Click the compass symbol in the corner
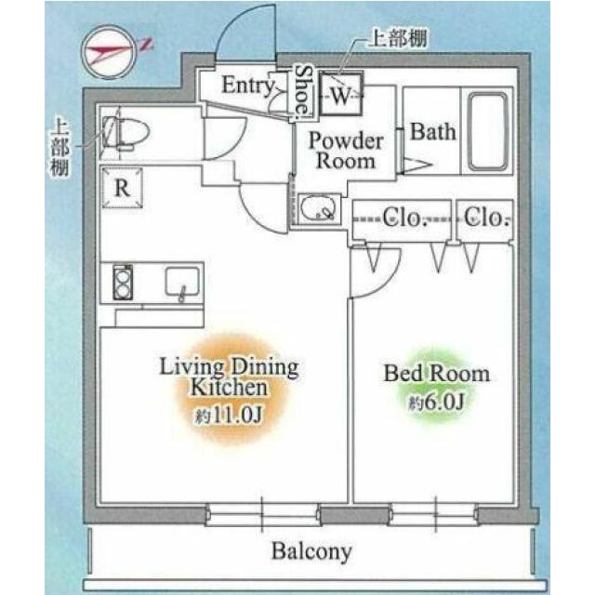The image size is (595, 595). pyautogui.click(x=110, y=52)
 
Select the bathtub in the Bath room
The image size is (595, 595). pyautogui.click(x=487, y=131)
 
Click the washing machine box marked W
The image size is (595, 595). pyautogui.click(x=341, y=94)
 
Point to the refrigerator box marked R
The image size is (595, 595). pyautogui.click(x=122, y=188)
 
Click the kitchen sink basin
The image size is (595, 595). pyautogui.click(x=182, y=283)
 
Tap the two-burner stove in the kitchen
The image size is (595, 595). pyautogui.click(x=123, y=283)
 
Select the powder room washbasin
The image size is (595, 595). pyautogui.click(x=319, y=208)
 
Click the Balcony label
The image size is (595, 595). pyautogui.click(x=311, y=551)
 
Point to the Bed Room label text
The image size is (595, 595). pyautogui.click(x=436, y=374)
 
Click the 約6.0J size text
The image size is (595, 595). pyautogui.click(x=436, y=403)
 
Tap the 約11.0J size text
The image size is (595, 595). pyautogui.click(x=228, y=416)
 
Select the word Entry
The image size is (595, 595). pyautogui.click(x=248, y=85)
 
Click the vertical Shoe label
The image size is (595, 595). pyautogui.click(x=303, y=91)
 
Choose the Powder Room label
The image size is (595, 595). pyautogui.click(x=345, y=151)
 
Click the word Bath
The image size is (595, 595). pyautogui.click(x=433, y=132)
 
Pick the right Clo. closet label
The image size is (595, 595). pyautogui.click(x=485, y=218)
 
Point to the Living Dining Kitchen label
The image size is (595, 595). pyautogui.click(x=229, y=377)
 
